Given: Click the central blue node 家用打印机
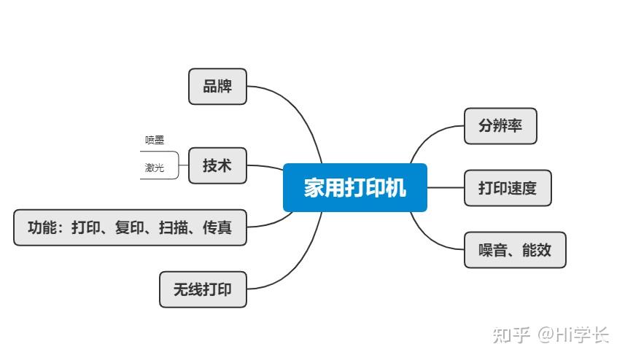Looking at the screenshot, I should coord(354,188).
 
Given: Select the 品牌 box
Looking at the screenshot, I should coord(217,86).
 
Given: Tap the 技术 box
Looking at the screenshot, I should coord(217,165).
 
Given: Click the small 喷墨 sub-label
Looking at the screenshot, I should coord(154,140).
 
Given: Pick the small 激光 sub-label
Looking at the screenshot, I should coord(154,168).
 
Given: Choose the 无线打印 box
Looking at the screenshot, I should coord(203,289).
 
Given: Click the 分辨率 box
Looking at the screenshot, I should coord(500,125).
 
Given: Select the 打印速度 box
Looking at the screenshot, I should coord(508,188).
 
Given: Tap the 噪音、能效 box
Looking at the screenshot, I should coord(515,251).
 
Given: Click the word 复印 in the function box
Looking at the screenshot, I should coord(130,227).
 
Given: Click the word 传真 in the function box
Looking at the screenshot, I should coord(217,227).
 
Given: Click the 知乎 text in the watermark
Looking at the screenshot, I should coord(511,334).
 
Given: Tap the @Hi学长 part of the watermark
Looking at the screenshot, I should coord(573,334).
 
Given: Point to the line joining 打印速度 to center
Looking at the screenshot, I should coord(446,188).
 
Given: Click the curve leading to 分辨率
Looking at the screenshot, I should coord(430,136).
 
